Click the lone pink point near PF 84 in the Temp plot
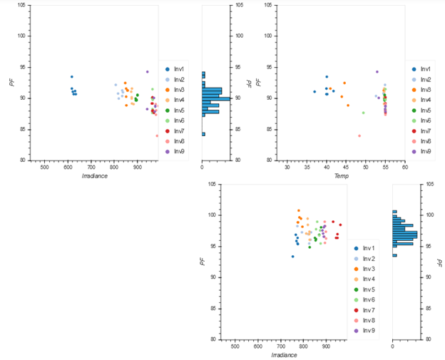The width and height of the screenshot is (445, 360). point(359,135)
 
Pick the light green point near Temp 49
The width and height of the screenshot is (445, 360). point(363,113)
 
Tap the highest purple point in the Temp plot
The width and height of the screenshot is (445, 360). point(377,71)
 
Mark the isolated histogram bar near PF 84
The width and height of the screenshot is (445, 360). point(203,134)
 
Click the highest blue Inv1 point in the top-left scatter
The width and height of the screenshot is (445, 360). point(71,76)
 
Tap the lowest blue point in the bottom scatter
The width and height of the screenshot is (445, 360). point(292,257)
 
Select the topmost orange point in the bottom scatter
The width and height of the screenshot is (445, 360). point(299,210)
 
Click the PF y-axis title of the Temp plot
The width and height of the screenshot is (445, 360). point(258,82)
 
